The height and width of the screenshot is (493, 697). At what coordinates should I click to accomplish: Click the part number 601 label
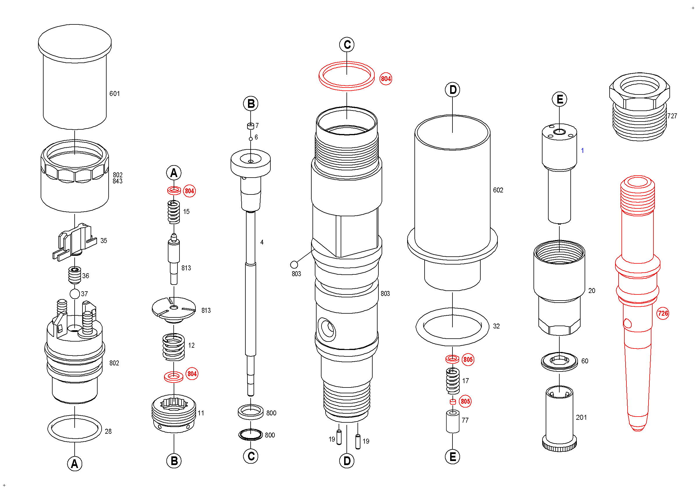[114, 94]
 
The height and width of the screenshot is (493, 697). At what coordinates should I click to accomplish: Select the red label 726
[662, 313]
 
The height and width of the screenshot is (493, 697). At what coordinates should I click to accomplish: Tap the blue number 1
[582, 150]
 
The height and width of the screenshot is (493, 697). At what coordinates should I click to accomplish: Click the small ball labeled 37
[75, 294]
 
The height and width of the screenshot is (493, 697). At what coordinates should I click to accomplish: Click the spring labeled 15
[174, 212]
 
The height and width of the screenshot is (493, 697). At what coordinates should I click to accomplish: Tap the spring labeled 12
[174, 347]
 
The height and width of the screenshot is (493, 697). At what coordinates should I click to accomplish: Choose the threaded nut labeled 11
[174, 414]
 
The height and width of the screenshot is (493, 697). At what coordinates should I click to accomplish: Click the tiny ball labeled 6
[250, 139]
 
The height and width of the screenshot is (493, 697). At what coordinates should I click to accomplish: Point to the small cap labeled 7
[250, 126]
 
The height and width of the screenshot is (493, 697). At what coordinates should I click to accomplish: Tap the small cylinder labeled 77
[452, 421]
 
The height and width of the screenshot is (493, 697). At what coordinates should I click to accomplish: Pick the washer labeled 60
[559, 361]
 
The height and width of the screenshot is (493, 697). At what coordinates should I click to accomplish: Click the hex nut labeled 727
[639, 106]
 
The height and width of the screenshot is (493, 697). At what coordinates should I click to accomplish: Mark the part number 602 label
[498, 190]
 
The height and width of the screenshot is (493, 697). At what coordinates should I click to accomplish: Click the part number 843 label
[118, 181]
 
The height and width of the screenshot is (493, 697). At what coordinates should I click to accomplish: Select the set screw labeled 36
[75, 275]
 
